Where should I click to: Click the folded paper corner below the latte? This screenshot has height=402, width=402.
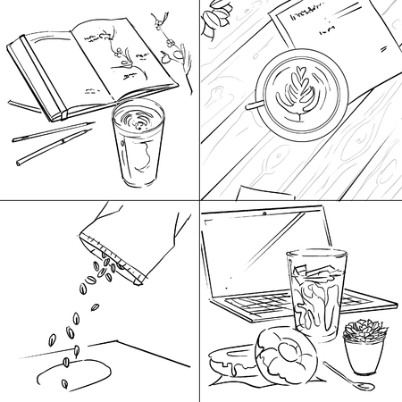pos(259,190)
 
